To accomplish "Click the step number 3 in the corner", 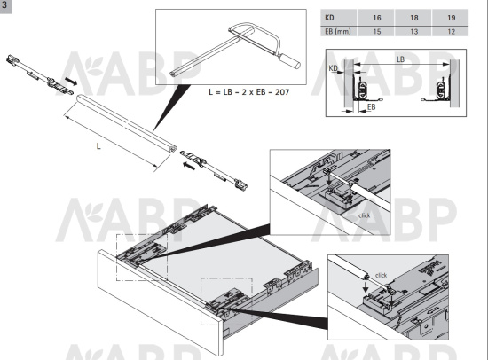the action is coord(4,5).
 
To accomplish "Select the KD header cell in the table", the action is coord(339,18).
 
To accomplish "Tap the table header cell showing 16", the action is coord(376,18).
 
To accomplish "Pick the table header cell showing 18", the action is coord(413,18).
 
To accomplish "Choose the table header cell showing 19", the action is coord(451,18).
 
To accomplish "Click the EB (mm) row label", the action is coord(339,31).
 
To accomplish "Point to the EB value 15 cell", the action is coord(376,31).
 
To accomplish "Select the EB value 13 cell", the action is coord(413,31).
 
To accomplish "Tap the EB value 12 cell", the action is coord(451,31).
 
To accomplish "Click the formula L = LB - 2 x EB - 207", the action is coord(249,92).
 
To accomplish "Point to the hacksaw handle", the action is coord(290,61).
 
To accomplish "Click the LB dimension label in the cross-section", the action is coord(400,59).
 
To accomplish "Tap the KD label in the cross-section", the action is coord(333,67).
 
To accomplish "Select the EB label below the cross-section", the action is coord(371,107).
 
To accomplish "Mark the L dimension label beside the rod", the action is coord(98,146).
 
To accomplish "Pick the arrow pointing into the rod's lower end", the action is coord(189,166).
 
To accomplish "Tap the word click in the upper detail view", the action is coord(365,215).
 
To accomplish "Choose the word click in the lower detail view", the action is coord(381,275).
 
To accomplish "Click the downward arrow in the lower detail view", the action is coord(366,286).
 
